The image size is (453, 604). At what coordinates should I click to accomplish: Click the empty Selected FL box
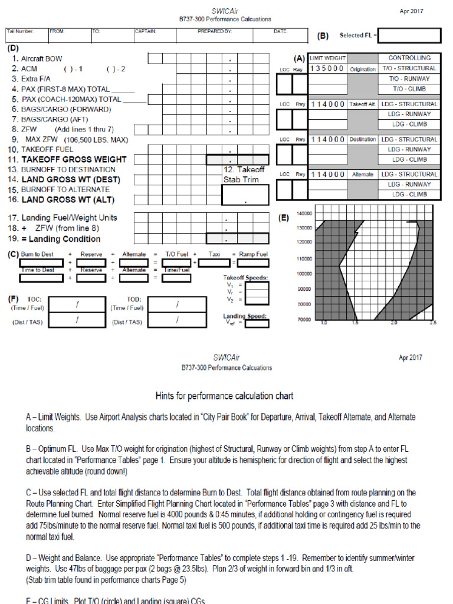pyautogui.click(x=409, y=35)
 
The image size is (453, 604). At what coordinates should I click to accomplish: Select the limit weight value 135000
pyautogui.click(x=327, y=68)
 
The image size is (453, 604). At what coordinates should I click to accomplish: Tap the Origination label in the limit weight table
pyautogui.click(x=362, y=69)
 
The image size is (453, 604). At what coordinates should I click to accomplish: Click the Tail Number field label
pyautogui.click(x=20, y=31)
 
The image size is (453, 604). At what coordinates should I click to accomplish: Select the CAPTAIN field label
pyautogui.click(x=146, y=31)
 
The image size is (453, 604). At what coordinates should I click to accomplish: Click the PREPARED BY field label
pyautogui.click(x=215, y=31)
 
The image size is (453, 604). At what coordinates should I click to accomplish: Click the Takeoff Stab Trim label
pyautogui.click(x=244, y=175)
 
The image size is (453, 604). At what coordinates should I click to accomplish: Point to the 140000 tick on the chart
pyautogui.click(x=304, y=214)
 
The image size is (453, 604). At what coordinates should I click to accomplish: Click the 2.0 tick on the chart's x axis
pyautogui.click(x=394, y=323)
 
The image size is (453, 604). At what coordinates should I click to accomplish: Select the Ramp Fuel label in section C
pyautogui.click(x=253, y=254)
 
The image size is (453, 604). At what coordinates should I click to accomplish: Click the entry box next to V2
pyautogui.click(x=257, y=300)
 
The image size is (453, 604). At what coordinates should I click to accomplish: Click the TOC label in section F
pyautogui.click(x=34, y=299)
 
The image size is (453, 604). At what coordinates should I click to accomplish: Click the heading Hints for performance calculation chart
pyautogui.click(x=224, y=396)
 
